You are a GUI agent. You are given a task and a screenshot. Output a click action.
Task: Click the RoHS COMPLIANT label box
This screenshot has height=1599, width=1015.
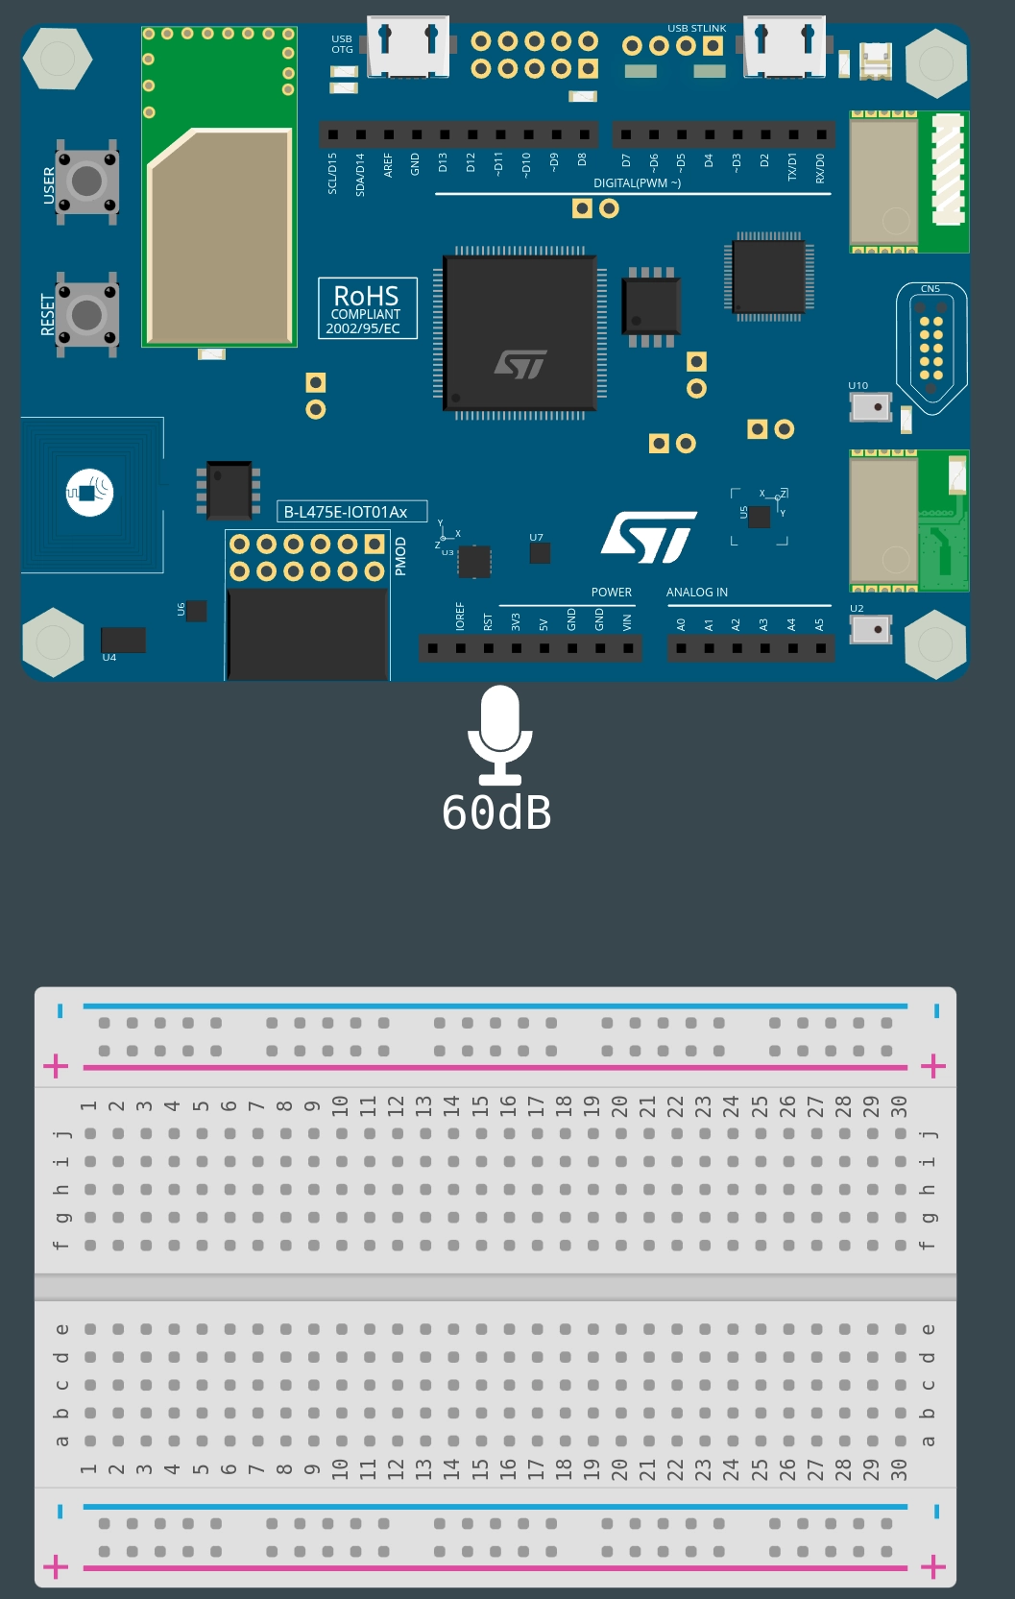pyautogui.click(x=368, y=308)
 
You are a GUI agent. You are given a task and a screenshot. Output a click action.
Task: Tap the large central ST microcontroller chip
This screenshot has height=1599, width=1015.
pyautogui.click(x=520, y=332)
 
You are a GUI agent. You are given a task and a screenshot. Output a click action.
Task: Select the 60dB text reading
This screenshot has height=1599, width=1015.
pyautogui.click(x=496, y=813)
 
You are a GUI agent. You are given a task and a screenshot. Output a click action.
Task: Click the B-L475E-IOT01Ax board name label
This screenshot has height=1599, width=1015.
pyautogui.click(x=351, y=512)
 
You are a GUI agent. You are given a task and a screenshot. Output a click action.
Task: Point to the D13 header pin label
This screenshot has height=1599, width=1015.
pyautogui.click(x=443, y=162)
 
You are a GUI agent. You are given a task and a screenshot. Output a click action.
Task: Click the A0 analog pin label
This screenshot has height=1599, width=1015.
pyautogui.click(x=681, y=624)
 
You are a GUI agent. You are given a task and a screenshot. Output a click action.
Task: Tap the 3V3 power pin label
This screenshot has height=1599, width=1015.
pyautogui.click(x=516, y=622)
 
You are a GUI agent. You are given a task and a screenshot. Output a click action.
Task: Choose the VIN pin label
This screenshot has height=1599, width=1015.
pyautogui.click(x=627, y=622)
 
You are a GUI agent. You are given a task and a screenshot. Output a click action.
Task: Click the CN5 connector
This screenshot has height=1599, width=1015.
pyautogui.click(x=930, y=348)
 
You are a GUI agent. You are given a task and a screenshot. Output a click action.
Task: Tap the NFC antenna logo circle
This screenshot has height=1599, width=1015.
pyautogui.click(x=89, y=493)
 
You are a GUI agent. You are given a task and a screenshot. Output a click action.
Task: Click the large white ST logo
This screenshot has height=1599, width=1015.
pyautogui.click(x=648, y=537)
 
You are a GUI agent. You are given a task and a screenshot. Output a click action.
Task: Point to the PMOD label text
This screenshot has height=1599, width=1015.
pyautogui.click(x=401, y=557)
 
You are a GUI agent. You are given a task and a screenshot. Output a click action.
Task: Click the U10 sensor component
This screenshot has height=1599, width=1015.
pyautogui.click(x=871, y=407)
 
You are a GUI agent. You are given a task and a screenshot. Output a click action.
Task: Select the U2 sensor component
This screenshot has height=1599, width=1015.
pyautogui.click(x=871, y=630)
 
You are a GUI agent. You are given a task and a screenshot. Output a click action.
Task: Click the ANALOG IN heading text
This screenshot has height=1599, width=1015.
pyautogui.click(x=697, y=593)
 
